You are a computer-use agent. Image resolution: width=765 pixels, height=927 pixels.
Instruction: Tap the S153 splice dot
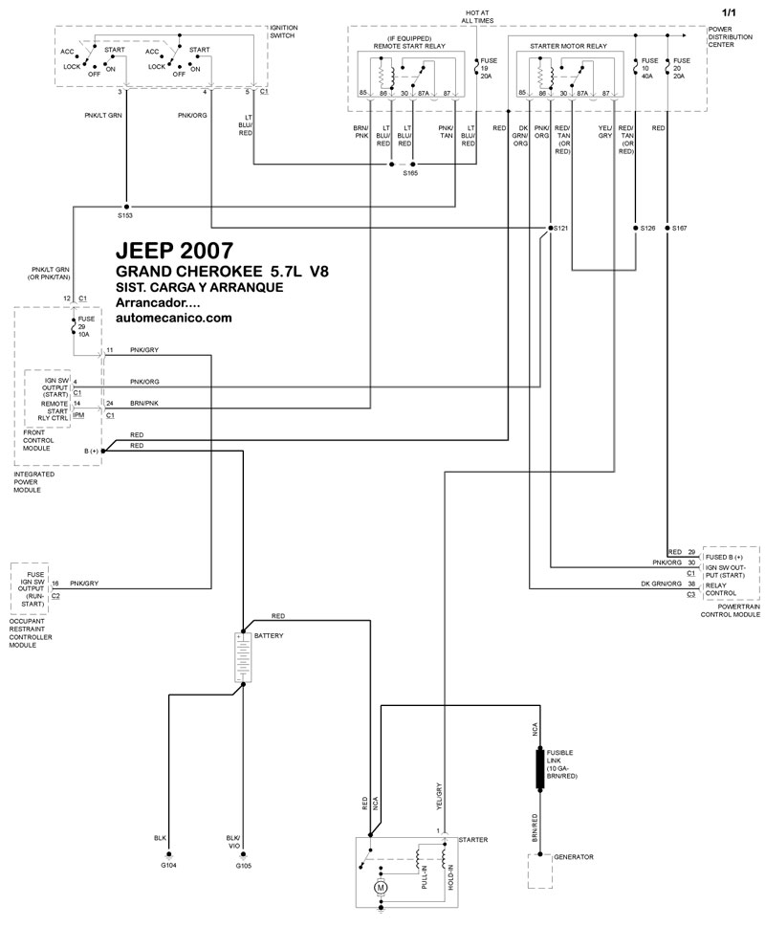click(x=126, y=207)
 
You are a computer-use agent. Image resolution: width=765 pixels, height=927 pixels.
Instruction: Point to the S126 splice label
click(x=649, y=229)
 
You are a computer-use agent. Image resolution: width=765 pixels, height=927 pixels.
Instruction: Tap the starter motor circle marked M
click(x=382, y=888)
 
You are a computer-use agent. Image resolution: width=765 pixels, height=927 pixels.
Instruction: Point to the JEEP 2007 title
click(x=173, y=252)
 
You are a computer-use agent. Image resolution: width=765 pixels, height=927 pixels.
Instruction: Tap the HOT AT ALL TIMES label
click(x=478, y=15)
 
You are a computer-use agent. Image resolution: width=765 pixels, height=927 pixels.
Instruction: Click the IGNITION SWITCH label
click(x=284, y=33)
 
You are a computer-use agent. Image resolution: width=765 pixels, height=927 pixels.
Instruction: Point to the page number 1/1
click(x=730, y=11)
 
